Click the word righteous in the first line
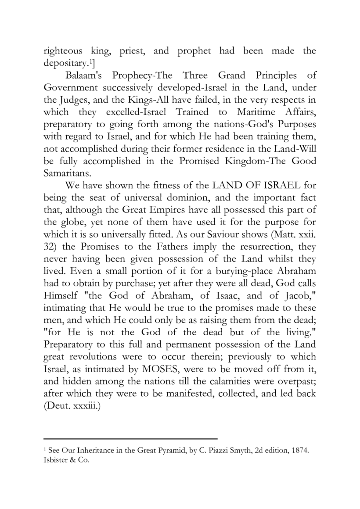pos(64,50)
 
